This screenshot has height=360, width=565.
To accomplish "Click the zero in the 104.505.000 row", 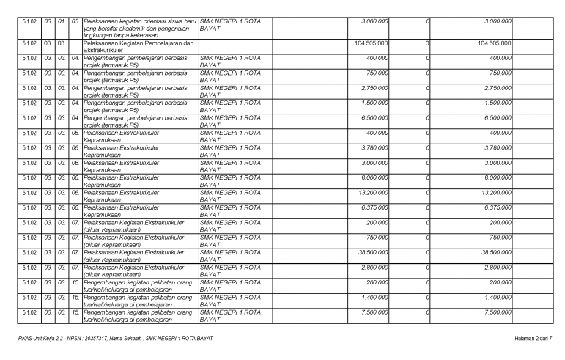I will coord(426,43).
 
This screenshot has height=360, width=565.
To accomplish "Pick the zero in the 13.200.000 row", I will coord(426,192).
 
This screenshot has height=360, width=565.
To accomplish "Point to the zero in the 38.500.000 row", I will coord(426,252).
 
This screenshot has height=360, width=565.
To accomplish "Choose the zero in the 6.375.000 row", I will coord(426,207).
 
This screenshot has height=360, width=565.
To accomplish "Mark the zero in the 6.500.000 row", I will coord(426,117).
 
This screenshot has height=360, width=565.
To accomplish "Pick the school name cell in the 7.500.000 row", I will coord(229,316).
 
